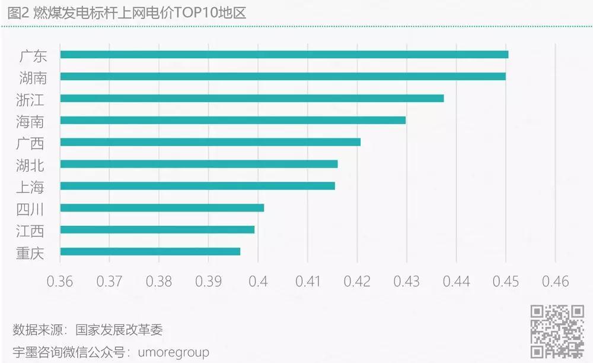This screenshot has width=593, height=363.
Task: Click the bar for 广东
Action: [284, 55]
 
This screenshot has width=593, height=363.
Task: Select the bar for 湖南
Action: [283, 77]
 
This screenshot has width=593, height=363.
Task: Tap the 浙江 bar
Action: [252, 99]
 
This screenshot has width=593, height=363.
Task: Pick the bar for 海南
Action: [233, 120]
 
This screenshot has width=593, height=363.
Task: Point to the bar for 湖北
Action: [199, 164]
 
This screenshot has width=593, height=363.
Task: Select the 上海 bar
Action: [197, 186]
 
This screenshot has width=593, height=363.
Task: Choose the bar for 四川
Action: [162, 208]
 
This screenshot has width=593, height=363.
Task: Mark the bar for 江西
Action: [157, 229]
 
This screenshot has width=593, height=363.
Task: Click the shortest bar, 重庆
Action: [150, 251]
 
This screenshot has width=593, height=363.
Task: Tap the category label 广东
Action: [32, 55]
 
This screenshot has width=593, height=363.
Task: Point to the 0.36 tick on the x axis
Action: [60, 281]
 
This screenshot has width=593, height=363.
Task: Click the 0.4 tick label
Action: [258, 281]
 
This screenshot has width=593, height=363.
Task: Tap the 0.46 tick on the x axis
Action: [554, 281]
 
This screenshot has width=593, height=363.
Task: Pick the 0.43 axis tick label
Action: [406, 281]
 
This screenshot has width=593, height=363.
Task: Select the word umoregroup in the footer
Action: [173, 352]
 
